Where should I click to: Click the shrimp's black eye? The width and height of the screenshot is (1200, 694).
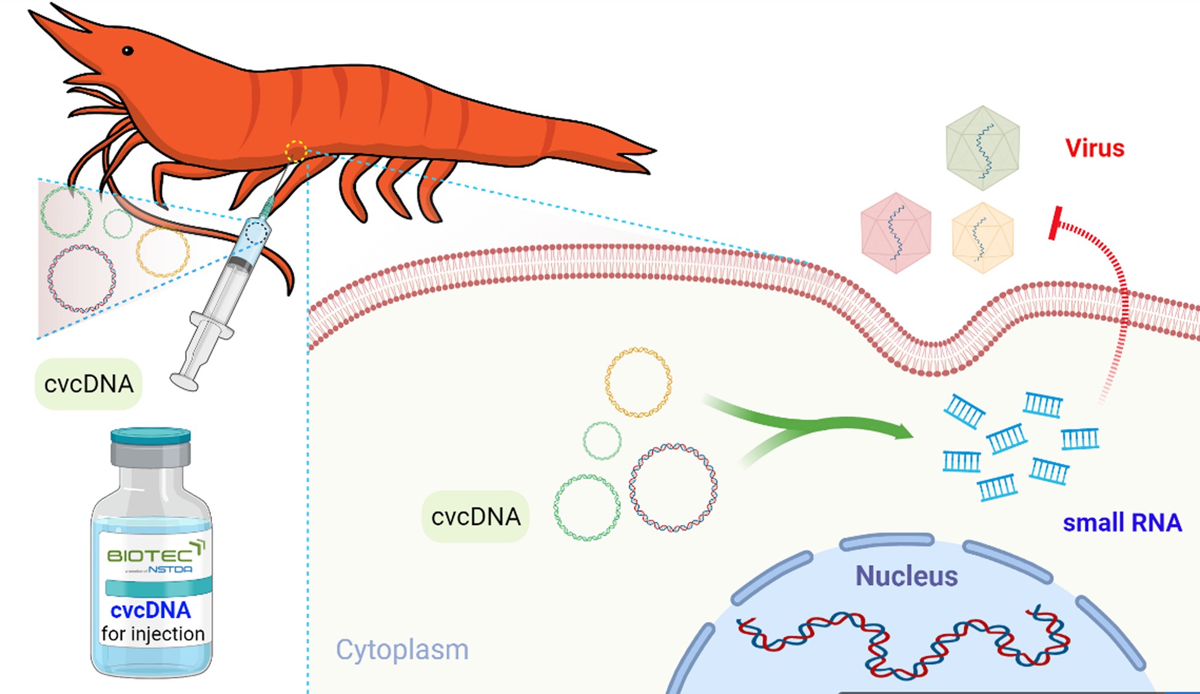pyautogui.click(x=128, y=51)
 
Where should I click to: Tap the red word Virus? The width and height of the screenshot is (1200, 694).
pyautogui.click(x=1095, y=148)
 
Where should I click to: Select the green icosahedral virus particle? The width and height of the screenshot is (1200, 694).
pyautogui.click(x=982, y=148)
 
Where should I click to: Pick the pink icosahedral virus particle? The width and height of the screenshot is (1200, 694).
pyautogui.click(x=895, y=233)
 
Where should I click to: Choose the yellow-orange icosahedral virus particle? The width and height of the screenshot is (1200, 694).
pyautogui.click(x=982, y=238)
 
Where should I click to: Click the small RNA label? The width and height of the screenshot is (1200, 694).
pyautogui.click(x=1122, y=523)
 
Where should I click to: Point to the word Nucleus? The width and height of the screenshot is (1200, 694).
pyautogui.click(x=906, y=576)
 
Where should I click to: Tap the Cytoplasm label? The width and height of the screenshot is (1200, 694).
pyautogui.click(x=402, y=650)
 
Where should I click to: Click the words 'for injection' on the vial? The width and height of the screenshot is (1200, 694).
pyautogui.click(x=152, y=634)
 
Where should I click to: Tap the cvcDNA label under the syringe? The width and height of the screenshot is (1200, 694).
pyautogui.click(x=89, y=384)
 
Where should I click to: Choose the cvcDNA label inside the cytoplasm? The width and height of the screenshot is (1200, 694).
pyautogui.click(x=475, y=517)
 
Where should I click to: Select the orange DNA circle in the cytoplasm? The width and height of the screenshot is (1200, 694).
pyautogui.click(x=638, y=382)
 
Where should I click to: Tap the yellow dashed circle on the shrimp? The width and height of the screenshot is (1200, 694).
pyautogui.click(x=295, y=151)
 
